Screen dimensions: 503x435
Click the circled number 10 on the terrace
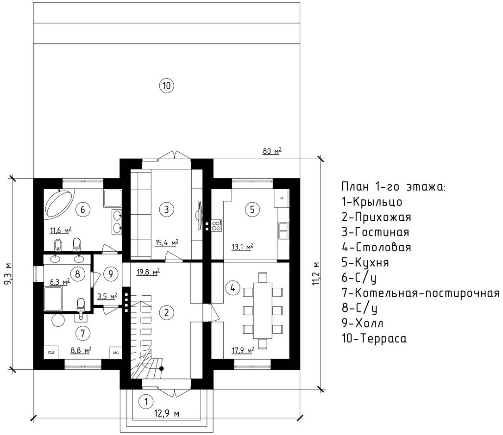click(x=166, y=86)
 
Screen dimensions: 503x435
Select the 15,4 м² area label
click(x=167, y=242)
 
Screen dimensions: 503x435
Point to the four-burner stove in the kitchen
click(x=217, y=225)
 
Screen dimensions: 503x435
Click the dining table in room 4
click(x=263, y=311)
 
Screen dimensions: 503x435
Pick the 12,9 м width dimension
click(x=167, y=414)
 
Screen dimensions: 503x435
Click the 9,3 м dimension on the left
click(x=8, y=273)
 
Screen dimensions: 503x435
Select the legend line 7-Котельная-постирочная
click(x=421, y=293)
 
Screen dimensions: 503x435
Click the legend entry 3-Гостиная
click(x=375, y=232)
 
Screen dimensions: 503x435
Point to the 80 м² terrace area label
click(x=272, y=151)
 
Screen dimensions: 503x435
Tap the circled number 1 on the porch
click(x=146, y=401)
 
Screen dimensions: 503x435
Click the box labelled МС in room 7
click(x=116, y=353)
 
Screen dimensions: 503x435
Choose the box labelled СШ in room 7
click(x=50, y=353)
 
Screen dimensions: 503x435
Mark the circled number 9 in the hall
click(x=111, y=274)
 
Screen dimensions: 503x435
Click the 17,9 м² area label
click(x=243, y=350)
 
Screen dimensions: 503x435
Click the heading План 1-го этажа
click(x=393, y=186)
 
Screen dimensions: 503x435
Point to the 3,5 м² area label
click(x=107, y=296)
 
